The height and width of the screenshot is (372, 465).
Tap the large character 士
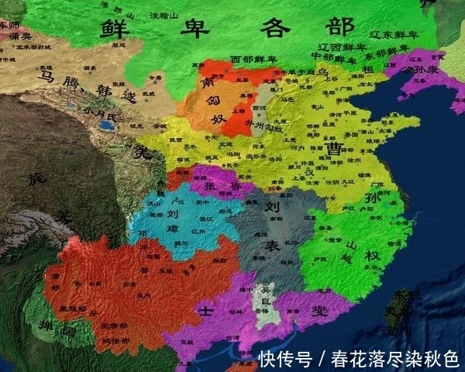pyautogui.click(x=205, y=309)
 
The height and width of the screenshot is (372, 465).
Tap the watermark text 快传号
pyautogui.click(x=285, y=358)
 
